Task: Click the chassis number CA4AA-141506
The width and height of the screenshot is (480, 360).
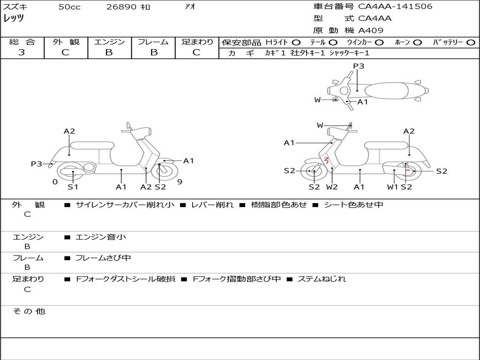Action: pyautogui.click(x=395, y=6)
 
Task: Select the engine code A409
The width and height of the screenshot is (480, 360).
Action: pyautogui.click(x=371, y=30)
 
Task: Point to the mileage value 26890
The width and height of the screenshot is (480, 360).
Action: pyautogui.click(x=121, y=7)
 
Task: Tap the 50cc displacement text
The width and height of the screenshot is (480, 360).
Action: pyautogui.click(x=69, y=7)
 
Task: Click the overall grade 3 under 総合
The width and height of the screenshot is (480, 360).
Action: pyautogui.click(x=22, y=52)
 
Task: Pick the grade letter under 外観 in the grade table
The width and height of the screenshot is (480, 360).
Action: pyautogui.click(x=65, y=52)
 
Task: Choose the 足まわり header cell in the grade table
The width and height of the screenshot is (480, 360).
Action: pyautogui.click(x=197, y=42)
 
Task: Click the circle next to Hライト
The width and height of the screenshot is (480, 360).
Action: pyautogui.click(x=296, y=43)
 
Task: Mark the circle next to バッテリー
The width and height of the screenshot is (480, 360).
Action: pyautogui.click(x=471, y=43)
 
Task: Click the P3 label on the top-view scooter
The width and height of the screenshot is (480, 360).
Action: pyautogui.click(x=359, y=66)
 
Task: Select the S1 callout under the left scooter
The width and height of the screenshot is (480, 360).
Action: pyautogui.click(x=73, y=187)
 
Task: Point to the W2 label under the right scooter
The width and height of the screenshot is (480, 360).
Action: pyautogui.click(x=332, y=187)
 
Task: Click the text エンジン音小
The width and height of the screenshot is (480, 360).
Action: pyautogui.click(x=101, y=237)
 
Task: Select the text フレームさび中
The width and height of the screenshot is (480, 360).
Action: pyautogui.click(x=103, y=258)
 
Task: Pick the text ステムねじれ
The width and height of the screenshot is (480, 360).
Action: pyautogui.click(x=322, y=279)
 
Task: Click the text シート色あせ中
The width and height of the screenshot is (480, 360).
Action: pyautogui.click(x=353, y=204)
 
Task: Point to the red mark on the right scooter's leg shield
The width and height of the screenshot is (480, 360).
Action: pyautogui.click(x=327, y=160)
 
